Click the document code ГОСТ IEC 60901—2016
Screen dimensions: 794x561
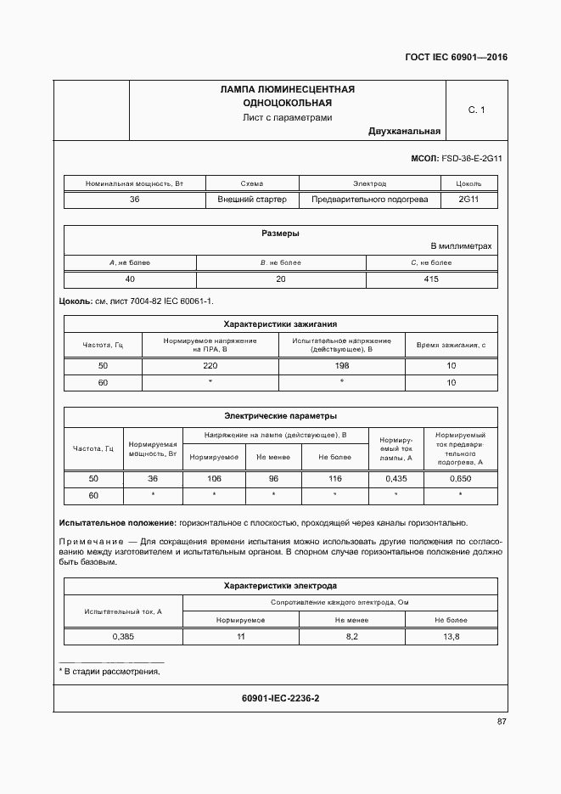click(x=455, y=59)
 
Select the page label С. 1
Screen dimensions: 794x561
click(x=476, y=110)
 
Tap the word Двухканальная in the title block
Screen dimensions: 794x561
click(x=404, y=132)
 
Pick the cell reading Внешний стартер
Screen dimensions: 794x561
click(x=252, y=200)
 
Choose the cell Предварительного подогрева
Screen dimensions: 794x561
click(x=370, y=200)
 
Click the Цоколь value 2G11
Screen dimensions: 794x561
click(x=468, y=200)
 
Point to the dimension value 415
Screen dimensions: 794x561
click(x=431, y=279)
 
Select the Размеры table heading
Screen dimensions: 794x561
click(x=280, y=234)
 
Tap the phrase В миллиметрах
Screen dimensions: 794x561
click(x=462, y=245)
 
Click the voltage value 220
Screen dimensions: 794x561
click(x=210, y=366)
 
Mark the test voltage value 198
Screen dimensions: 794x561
click(x=342, y=366)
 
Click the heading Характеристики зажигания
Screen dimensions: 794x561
click(x=280, y=324)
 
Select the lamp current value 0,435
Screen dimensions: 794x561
click(x=396, y=479)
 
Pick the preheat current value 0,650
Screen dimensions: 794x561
click(x=460, y=479)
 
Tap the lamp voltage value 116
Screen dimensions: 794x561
click(x=334, y=479)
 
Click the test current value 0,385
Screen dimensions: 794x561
click(x=124, y=637)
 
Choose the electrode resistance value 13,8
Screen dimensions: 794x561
click(x=452, y=637)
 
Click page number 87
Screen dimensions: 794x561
click(x=502, y=722)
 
